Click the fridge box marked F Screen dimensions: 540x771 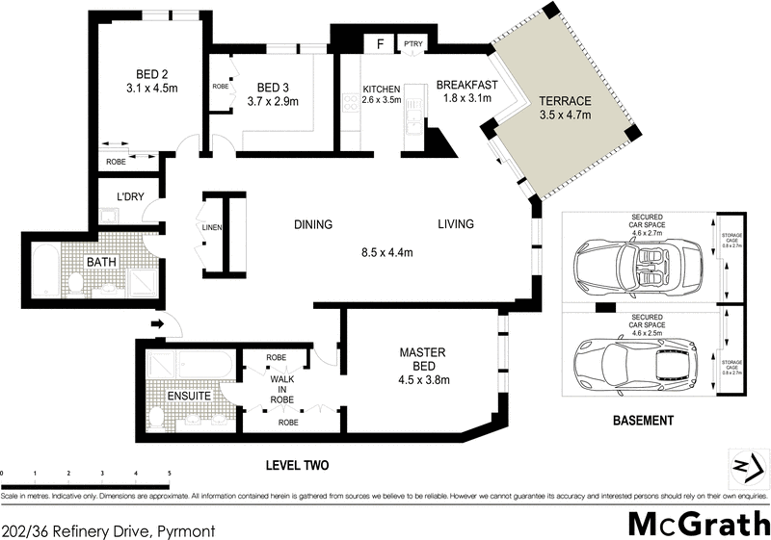pos(381,43)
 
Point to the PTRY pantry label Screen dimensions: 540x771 pos(413,43)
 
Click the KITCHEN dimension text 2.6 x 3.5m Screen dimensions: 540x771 pos(381,99)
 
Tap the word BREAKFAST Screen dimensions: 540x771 pos(466,84)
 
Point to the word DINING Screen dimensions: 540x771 pos(312,225)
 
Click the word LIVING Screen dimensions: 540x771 pos(456,225)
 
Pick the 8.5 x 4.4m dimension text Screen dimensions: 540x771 pos(385,253)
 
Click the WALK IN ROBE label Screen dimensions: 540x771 pos(280,389)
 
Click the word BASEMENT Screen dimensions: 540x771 pos(644,421)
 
